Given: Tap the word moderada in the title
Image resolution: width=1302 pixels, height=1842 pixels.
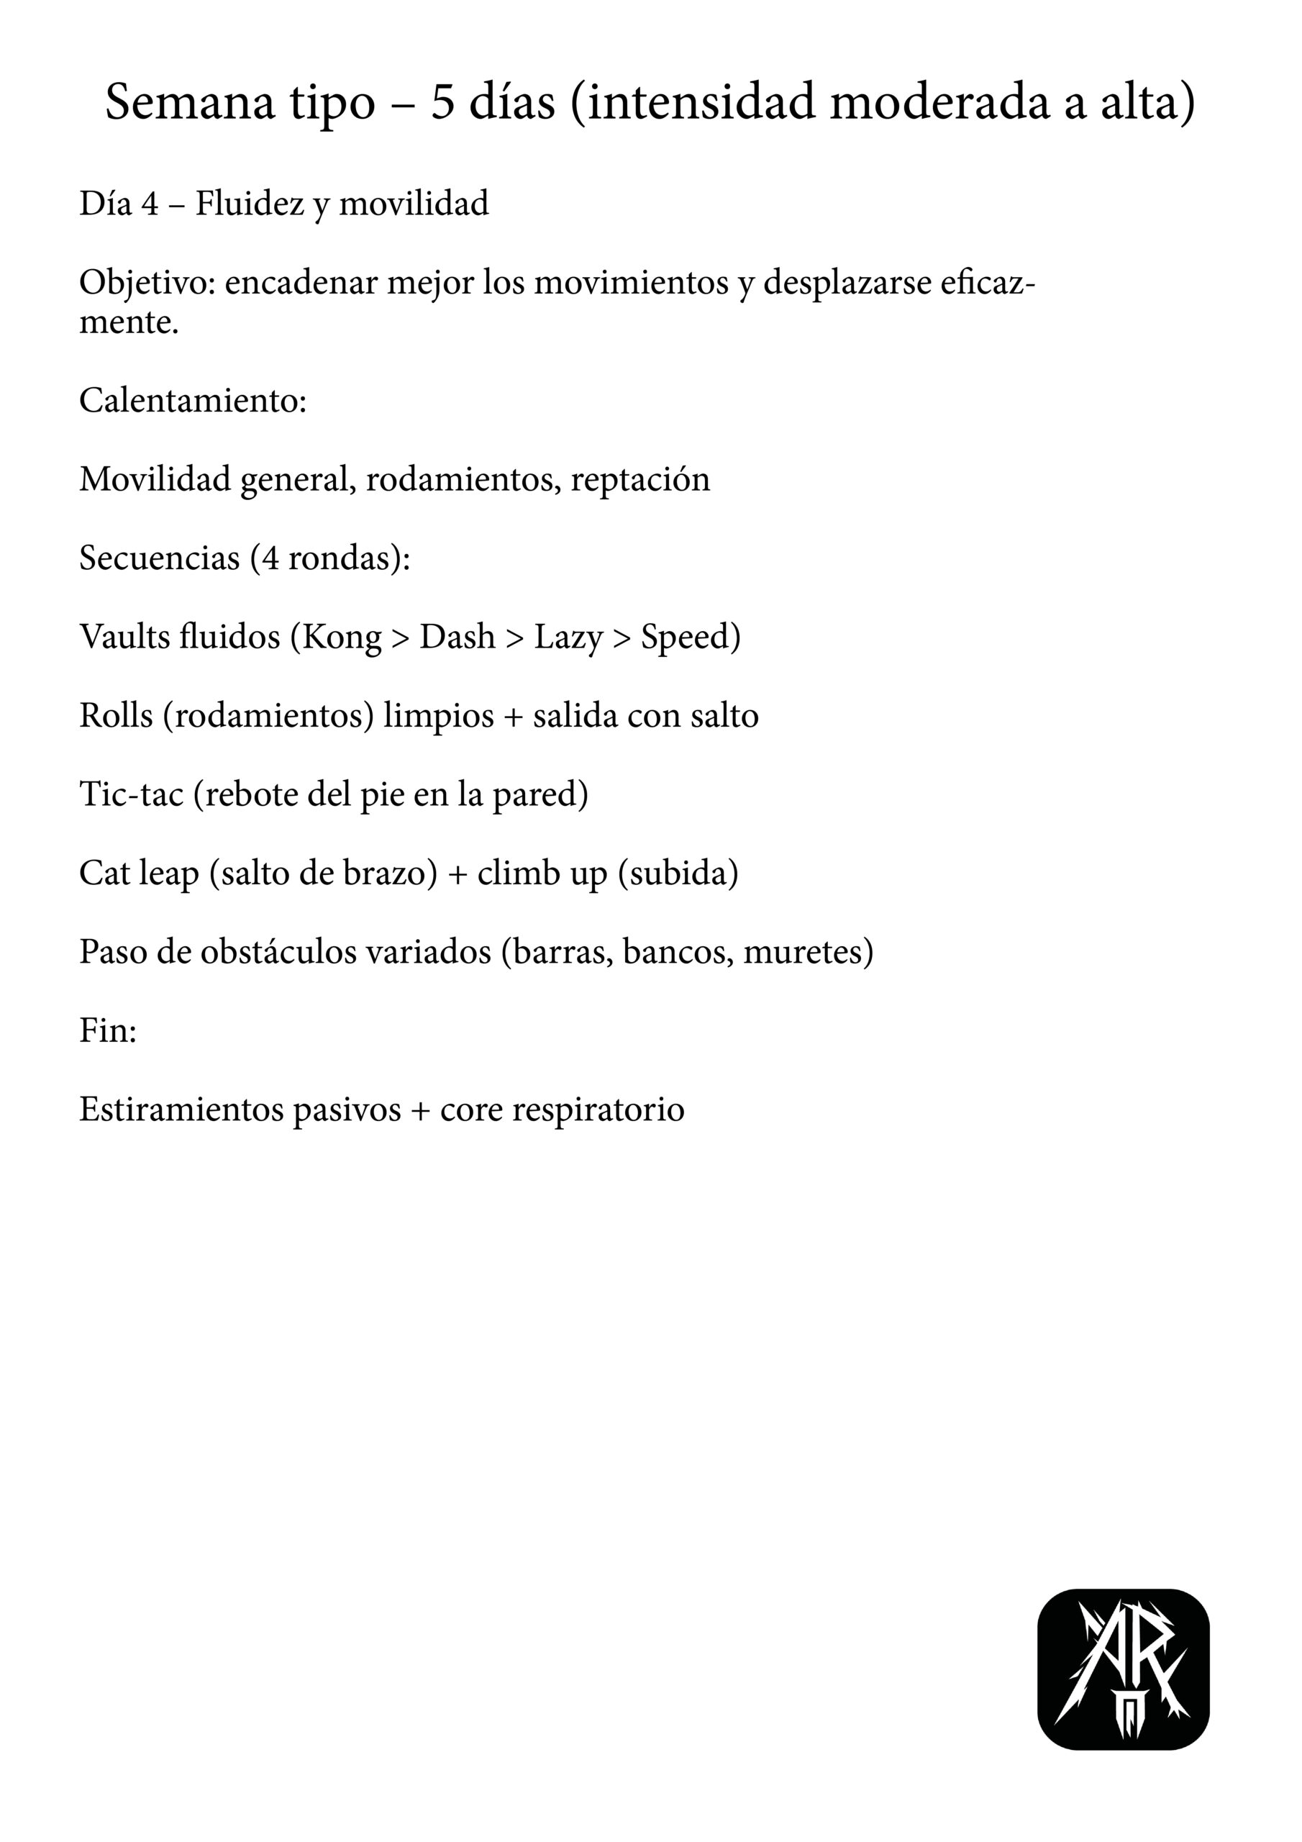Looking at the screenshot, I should (x=939, y=104).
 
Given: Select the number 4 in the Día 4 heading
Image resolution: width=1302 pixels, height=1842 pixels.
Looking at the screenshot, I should (x=150, y=204).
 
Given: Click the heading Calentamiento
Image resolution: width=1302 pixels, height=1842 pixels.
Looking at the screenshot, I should (x=193, y=400).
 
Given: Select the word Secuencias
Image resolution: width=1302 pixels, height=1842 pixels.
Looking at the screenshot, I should (x=159, y=558).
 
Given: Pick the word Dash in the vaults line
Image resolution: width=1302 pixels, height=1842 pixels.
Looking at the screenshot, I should (x=457, y=637).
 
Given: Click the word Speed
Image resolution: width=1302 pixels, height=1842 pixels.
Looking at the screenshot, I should (x=688, y=637).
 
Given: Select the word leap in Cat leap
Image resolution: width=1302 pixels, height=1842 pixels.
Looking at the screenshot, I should (x=168, y=873).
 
